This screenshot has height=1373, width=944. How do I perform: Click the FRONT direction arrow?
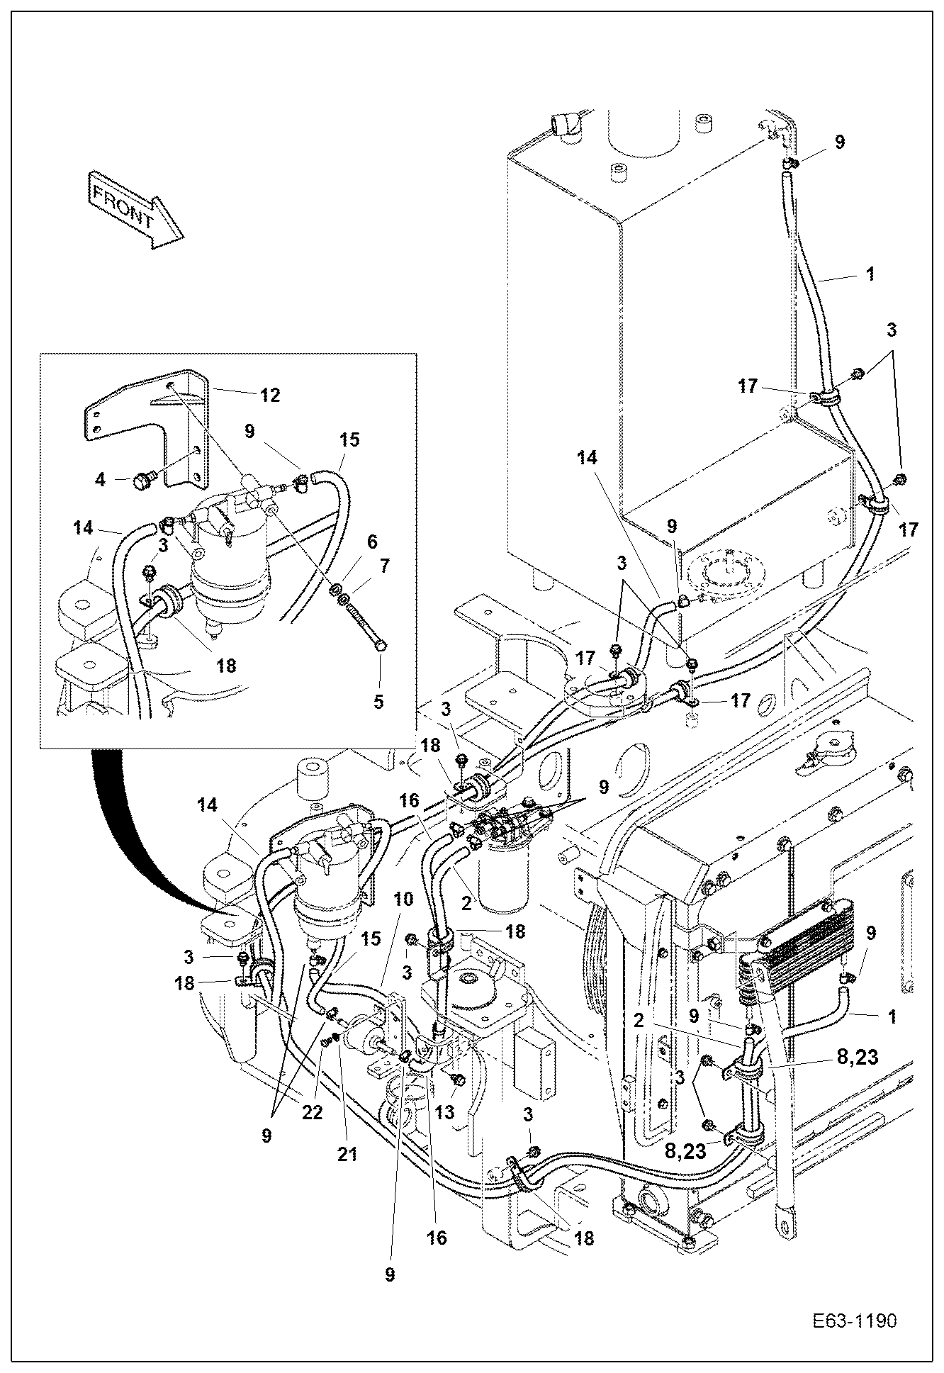click(x=133, y=208)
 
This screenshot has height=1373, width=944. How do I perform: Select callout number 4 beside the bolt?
click(x=100, y=480)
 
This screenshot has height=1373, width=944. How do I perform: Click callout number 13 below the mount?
click(x=444, y=1112)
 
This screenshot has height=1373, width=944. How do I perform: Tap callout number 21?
click(x=347, y=1153)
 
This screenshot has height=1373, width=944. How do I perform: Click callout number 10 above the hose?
click(x=403, y=899)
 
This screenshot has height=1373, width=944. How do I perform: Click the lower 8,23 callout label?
click(x=685, y=1150)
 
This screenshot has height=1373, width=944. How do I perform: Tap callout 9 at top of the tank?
click(x=839, y=142)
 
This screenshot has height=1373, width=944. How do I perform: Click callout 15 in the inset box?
click(x=349, y=439)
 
